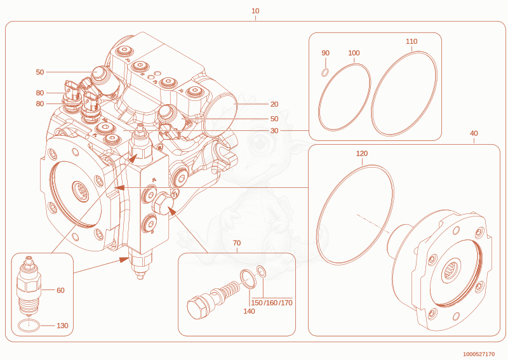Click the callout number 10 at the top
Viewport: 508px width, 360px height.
[255, 11]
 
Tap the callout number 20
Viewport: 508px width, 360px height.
[274, 104]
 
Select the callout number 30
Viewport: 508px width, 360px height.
[274, 131]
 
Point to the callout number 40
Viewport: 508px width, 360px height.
[474, 133]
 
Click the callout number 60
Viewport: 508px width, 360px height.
[60, 290]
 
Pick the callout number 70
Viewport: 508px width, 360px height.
[237, 243]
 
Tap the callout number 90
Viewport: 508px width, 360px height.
[325, 53]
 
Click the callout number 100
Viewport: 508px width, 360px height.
[354, 53]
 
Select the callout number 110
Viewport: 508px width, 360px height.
[411, 41]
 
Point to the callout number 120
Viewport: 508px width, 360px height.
[362, 153]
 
